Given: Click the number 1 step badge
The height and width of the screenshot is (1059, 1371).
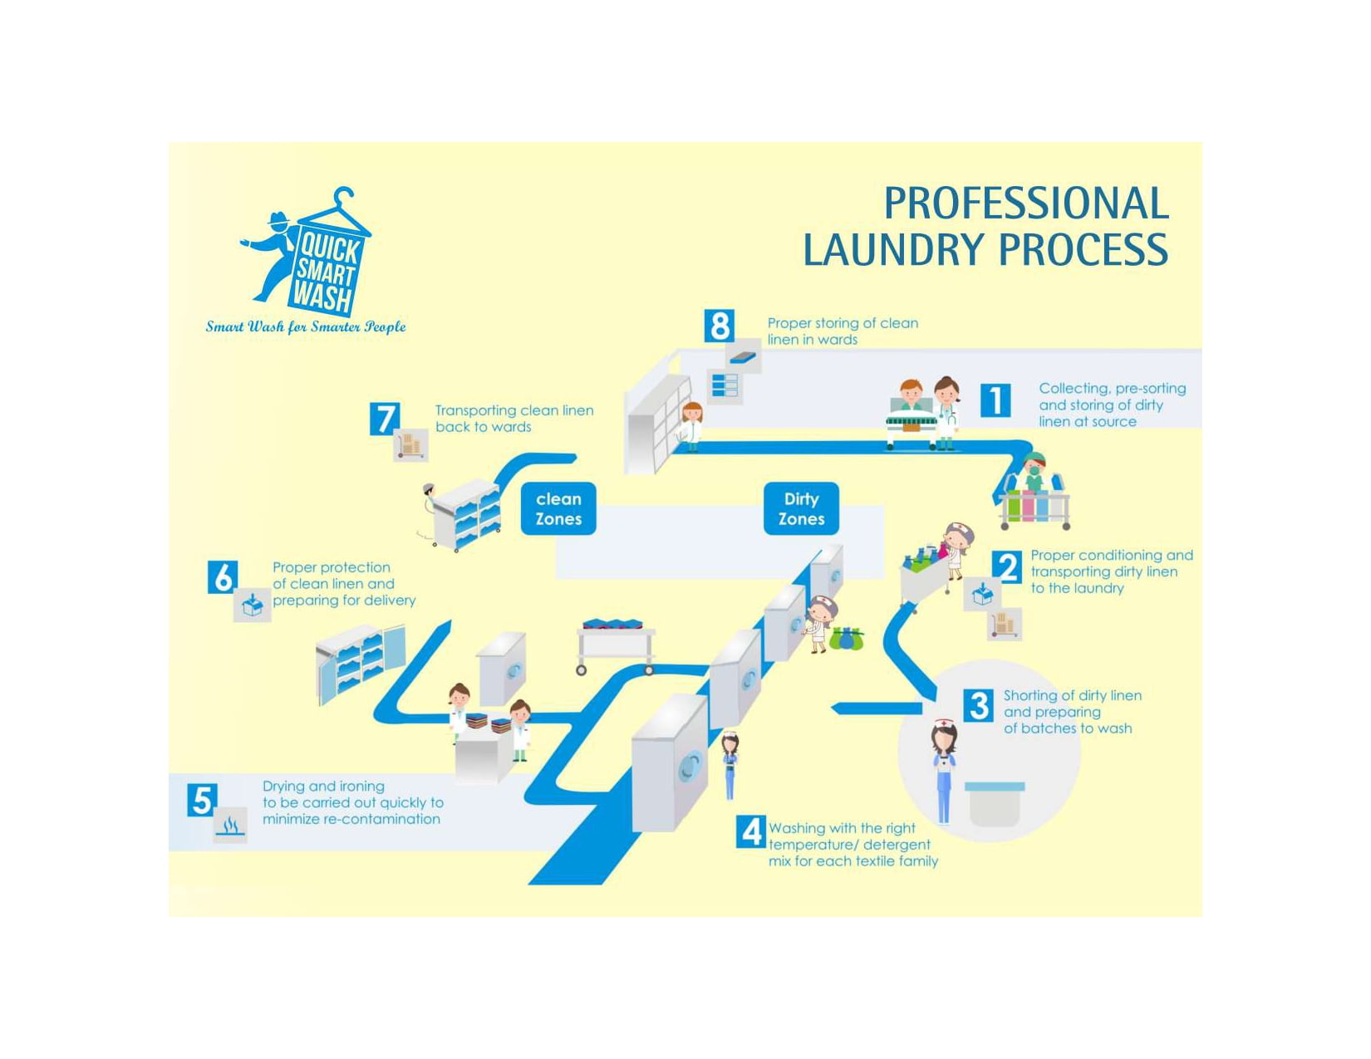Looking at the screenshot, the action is pyautogui.click(x=995, y=400).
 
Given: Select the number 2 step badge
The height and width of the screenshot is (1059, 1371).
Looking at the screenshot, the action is pyautogui.click(x=1007, y=567).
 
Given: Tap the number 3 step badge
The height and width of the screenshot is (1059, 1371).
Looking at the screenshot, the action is pyautogui.click(x=979, y=706).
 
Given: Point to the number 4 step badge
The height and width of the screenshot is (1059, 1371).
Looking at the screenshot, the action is pyautogui.click(x=751, y=831).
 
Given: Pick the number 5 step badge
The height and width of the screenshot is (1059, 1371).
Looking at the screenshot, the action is pyautogui.click(x=202, y=801).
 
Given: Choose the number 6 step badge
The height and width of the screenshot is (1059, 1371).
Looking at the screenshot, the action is pyautogui.click(x=223, y=577).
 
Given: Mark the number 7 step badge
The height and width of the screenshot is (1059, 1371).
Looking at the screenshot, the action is pyautogui.click(x=385, y=419).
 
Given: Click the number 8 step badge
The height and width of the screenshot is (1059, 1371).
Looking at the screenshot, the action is pyautogui.click(x=720, y=326).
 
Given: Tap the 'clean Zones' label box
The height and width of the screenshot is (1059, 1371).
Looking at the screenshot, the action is pyautogui.click(x=558, y=509).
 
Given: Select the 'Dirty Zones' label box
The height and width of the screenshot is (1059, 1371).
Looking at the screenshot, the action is pyautogui.click(x=801, y=509).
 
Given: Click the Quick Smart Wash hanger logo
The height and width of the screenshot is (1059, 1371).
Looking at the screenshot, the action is pyautogui.click(x=306, y=251).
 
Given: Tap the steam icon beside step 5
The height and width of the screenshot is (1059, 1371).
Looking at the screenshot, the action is pyautogui.click(x=230, y=826).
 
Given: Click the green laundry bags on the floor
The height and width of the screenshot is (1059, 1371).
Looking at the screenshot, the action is pyautogui.click(x=846, y=638).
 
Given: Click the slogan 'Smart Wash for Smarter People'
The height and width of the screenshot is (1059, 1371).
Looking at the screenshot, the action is pyautogui.click(x=306, y=326).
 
